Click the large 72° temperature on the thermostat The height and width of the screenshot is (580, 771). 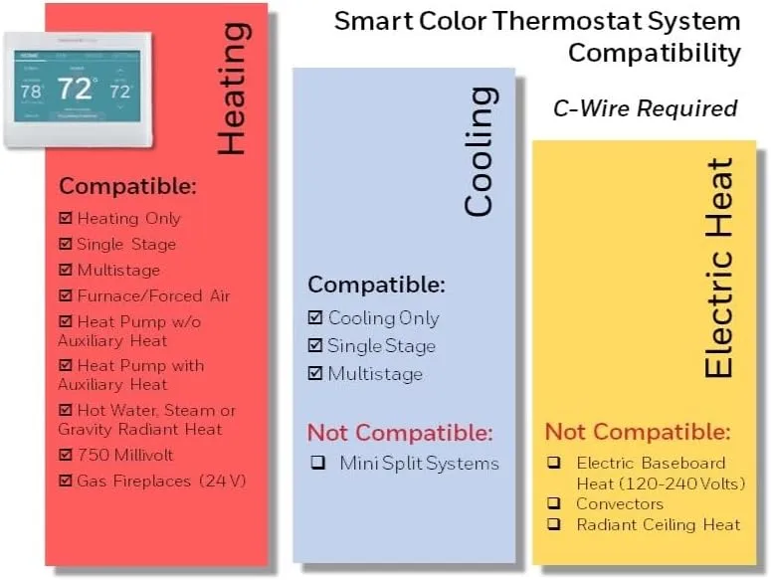76,90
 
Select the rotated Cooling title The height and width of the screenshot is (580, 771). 480,151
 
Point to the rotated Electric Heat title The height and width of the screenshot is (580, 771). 718,268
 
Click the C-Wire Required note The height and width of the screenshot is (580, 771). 645,107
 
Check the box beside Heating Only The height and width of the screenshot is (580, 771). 66,218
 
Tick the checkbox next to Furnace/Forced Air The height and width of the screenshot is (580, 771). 66,295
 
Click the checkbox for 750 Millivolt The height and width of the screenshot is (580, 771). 66,456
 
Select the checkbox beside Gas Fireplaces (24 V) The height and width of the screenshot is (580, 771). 66,482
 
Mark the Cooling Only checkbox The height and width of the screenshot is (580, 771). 315,318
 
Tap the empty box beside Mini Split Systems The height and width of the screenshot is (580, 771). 317,464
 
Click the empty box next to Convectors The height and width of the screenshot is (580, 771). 554,503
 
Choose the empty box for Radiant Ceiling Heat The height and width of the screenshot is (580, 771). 554,524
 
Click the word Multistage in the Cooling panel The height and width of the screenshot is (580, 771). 375,374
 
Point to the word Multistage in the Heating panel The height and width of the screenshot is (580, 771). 118,270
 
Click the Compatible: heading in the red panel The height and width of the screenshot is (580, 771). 128,186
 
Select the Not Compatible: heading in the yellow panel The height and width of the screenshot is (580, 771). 638,433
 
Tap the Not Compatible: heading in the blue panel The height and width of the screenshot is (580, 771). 400,433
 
